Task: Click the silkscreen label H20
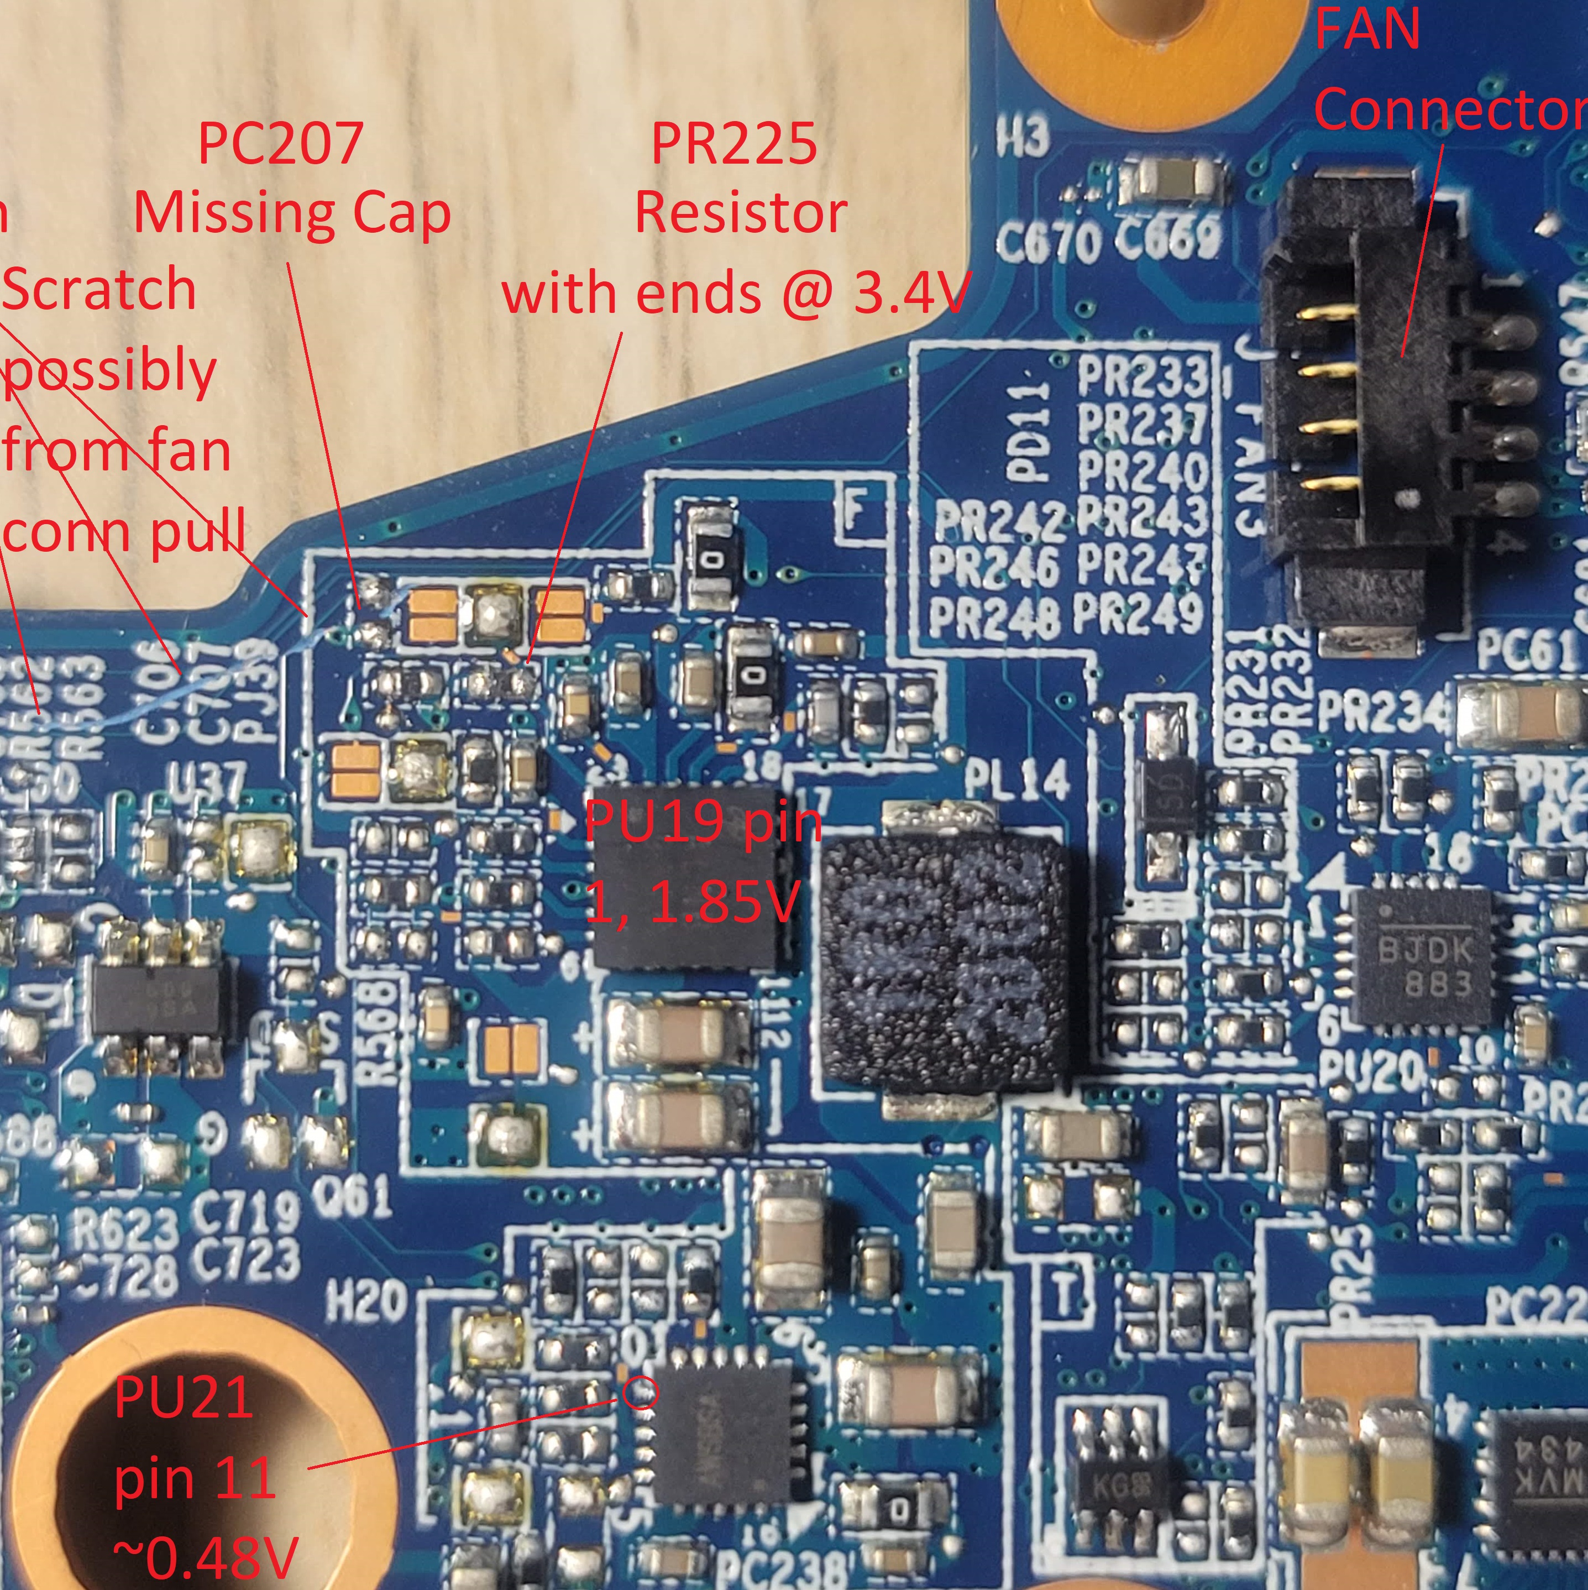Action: pos(366,1300)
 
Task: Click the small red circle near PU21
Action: pos(640,1393)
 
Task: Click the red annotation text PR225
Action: pos(734,143)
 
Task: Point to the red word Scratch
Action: pos(99,290)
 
